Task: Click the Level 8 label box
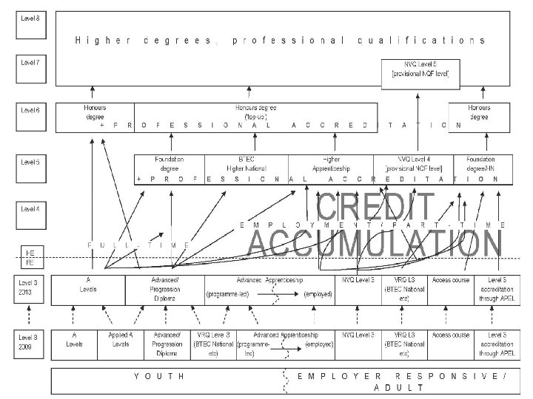click(x=30, y=16)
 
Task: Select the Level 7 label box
click(x=30, y=62)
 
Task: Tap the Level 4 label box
click(x=30, y=208)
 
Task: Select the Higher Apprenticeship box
click(x=331, y=164)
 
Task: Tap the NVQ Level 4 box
click(x=416, y=164)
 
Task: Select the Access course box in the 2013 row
click(x=450, y=281)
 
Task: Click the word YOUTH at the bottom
click(x=159, y=376)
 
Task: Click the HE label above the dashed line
click(x=30, y=253)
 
